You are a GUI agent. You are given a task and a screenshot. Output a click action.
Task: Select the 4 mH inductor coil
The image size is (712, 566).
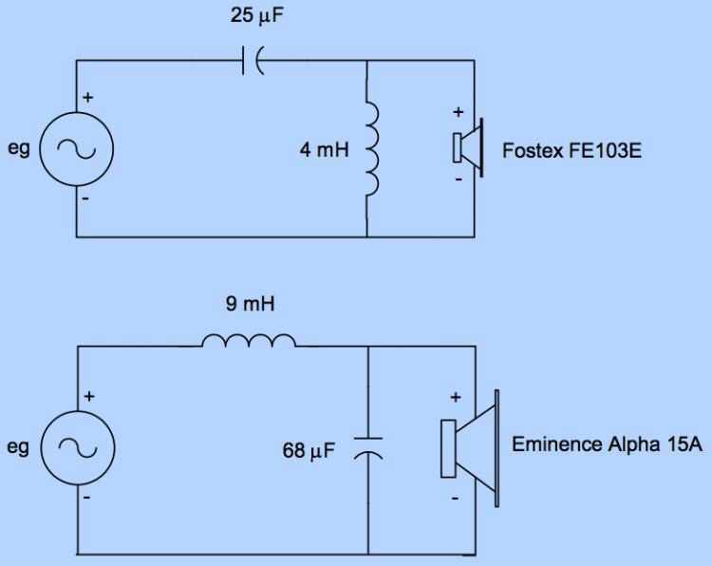pyautogui.click(x=371, y=148)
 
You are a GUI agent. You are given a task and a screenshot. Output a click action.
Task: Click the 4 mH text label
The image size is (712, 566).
pyautogui.click(x=325, y=149)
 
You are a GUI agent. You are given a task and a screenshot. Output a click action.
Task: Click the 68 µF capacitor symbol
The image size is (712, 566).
pyautogui.click(x=367, y=449)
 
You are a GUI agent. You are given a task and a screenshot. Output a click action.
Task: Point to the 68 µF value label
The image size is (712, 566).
pyautogui.click(x=309, y=449)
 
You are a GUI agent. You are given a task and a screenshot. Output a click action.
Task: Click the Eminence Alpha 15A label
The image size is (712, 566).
pyautogui.click(x=607, y=443)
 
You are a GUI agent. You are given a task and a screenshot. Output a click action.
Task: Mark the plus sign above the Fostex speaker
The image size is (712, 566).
pyautogui.click(x=458, y=112)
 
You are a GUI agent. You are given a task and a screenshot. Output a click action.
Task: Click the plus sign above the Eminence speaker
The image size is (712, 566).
pyautogui.click(x=456, y=397)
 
